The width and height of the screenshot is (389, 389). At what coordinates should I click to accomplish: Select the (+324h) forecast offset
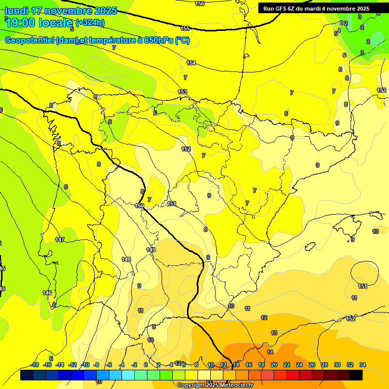click(90, 22)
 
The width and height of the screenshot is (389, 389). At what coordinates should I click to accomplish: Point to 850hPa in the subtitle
click(155, 41)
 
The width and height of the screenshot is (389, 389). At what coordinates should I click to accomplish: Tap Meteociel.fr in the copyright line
click(235, 385)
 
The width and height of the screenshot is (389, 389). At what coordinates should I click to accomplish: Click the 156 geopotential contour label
click(200, 4)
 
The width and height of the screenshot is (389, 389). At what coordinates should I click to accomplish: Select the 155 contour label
click(185, 28)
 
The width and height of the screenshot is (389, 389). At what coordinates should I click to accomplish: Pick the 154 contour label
click(191, 63)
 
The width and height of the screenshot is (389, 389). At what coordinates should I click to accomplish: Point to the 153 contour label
click(182, 92)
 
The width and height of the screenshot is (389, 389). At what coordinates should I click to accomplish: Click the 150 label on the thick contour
click(140, 206)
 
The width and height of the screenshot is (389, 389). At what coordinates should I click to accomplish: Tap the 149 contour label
click(151, 250)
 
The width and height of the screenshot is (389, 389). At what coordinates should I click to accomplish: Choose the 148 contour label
click(126, 259)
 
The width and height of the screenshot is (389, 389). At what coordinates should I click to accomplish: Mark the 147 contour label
click(60, 240)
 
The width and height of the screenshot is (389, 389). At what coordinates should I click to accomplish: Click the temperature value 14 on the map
click(270, 352)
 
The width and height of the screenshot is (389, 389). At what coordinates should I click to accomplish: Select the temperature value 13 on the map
click(274, 333)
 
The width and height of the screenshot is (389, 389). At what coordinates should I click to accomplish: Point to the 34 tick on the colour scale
click(363, 365)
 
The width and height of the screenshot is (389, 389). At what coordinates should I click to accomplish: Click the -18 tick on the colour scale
click(35, 365)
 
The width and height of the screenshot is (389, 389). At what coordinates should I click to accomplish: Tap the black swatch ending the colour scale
click(356, 375)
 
